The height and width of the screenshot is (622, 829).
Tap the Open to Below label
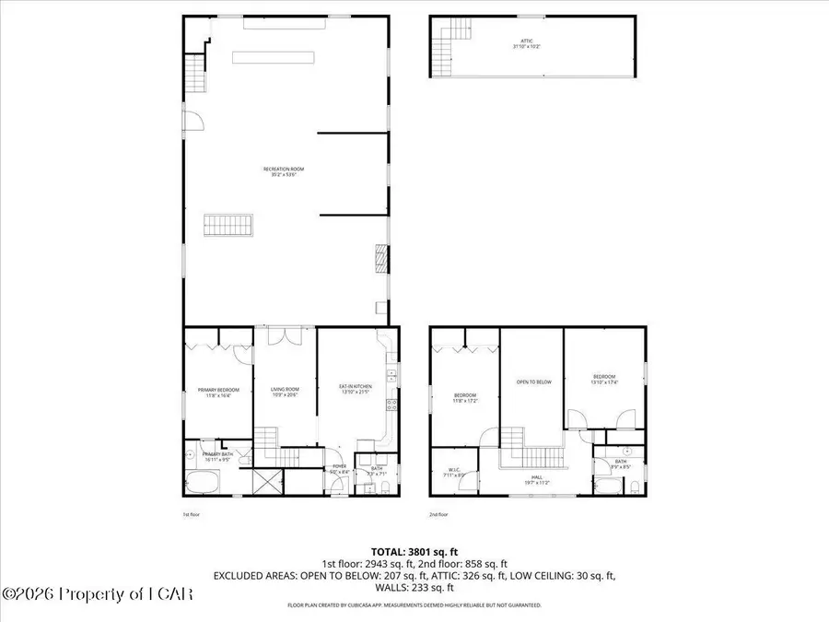(x=532, y=381)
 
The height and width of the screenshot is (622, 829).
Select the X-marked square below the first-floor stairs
(x=266, y=481)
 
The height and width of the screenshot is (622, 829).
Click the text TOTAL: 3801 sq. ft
(x=414, y=550)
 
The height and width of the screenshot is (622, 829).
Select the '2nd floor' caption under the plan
(x=439, y=515)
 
